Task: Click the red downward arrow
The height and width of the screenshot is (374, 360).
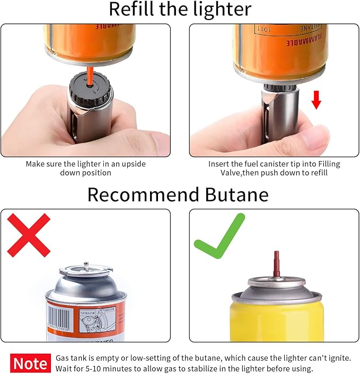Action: (316, 99)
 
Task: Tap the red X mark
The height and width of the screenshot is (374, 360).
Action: (29, 235)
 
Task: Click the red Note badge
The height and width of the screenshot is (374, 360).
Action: (30, 363)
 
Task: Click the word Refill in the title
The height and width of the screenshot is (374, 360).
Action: (129, 10)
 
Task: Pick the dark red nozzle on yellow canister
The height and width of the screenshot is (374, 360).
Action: (276, 264)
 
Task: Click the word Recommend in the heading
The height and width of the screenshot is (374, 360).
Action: (143, 194)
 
